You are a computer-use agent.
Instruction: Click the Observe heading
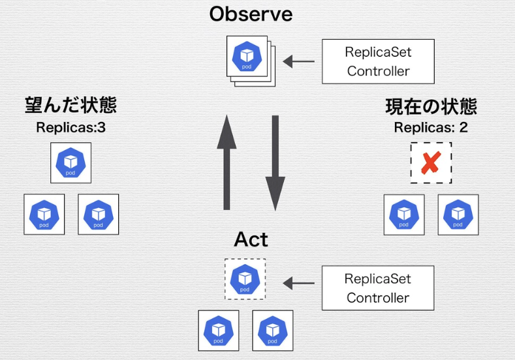click(x=251, y=14)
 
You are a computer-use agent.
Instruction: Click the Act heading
click(x=251, y=239)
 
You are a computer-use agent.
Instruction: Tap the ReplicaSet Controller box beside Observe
click(x=379, y=61)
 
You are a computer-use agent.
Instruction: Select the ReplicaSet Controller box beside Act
click(x=378, y=288)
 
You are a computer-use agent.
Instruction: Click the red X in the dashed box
click(x=430, y=162)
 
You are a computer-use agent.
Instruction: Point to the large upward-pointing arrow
click(x=226, y=161)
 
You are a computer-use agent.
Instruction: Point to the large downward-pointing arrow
click(x=275, y=162)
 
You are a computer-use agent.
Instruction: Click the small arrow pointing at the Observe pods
click(x=298, y=62)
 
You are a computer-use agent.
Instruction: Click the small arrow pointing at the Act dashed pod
click(x=298, y=284)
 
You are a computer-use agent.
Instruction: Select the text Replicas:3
click(x=70, y=127)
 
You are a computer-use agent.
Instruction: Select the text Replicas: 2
click(x=431, y=127)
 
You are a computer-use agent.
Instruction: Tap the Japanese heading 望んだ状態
click(x=70, y=106)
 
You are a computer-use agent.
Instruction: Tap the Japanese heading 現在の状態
click(x=431, y=106)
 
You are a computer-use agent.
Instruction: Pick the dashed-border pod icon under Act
click(x=245, y=279)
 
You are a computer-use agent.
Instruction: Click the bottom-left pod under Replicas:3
click(x=44, y=214)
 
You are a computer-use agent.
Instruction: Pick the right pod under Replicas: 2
click(x=458, y=214)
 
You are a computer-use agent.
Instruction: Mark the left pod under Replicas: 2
click(x=403, y=214)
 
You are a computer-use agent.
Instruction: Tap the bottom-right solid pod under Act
click(x=272, y=330)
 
